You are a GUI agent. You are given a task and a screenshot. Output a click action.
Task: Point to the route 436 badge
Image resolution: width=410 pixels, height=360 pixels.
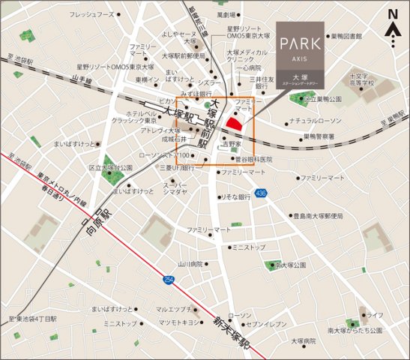click(261, 193)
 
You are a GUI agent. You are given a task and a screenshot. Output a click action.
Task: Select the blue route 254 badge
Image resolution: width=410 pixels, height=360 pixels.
click(168, 280)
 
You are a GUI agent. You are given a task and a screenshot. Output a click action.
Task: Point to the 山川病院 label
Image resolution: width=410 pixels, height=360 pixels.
click(190, 264)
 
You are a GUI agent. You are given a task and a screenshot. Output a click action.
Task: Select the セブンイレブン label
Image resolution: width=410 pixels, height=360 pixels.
click(262, 323)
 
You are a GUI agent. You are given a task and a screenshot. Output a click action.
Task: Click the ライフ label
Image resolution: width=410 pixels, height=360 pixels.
click(376, 315)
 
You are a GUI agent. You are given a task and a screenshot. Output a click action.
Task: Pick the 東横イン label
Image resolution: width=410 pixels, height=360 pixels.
click(147, 79)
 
